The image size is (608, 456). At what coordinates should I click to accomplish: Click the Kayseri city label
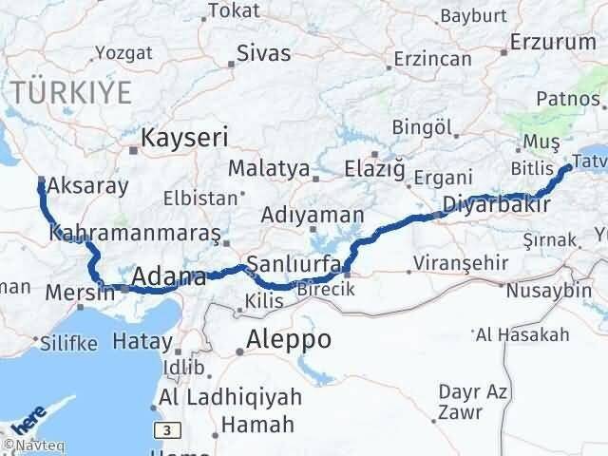point(184,138)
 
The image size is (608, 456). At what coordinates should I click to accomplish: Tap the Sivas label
point(264,53)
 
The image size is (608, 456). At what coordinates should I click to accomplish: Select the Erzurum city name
point(552,42)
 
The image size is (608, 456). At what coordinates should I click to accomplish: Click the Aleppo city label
point(288,339)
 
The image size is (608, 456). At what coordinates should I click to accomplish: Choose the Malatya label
point(269,169)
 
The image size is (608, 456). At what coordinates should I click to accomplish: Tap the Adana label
point(169,277)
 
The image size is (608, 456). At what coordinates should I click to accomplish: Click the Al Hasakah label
point(523,334)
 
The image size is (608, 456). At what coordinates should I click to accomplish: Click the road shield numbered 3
point(168,431)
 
